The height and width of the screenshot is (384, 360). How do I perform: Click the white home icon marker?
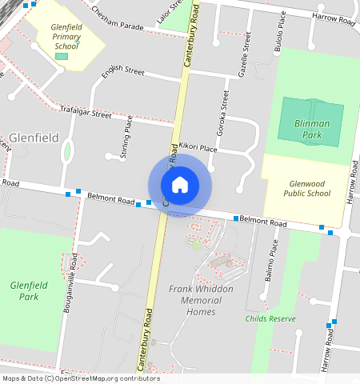pos(180,185)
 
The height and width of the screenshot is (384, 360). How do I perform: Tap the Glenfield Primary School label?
pos(66,37)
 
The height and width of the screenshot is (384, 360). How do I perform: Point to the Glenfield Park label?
pos(29,290)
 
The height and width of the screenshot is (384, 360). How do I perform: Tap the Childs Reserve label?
pos(270,318)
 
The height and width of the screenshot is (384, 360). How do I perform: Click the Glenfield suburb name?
pos(34,138)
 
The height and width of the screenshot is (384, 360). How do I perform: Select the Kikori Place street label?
pos(198,148)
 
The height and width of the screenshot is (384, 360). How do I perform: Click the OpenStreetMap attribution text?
pos(80,378)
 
